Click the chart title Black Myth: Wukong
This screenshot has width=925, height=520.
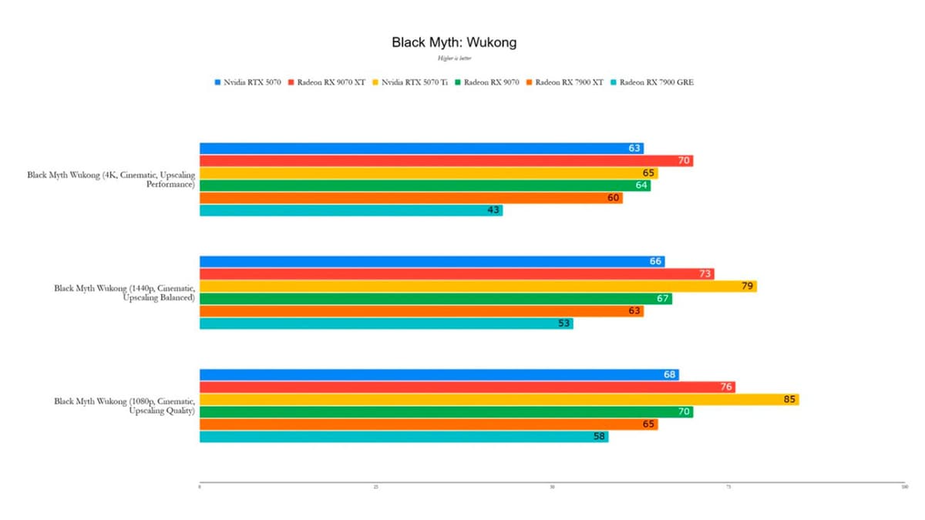[x=453, y=42]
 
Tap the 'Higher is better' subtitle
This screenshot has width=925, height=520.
[x=453, y=59]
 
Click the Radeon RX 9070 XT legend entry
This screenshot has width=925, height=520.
[x=331, y=82]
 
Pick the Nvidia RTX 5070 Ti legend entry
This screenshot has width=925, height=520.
[x=414, y=82]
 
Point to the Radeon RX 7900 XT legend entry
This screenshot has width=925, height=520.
[x=569, y=82]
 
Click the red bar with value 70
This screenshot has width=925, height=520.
[x=446, y=161]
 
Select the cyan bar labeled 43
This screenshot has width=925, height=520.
[x=351, y=210]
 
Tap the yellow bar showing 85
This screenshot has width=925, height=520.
[x=499, y=400]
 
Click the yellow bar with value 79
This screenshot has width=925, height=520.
[x=478, y=287]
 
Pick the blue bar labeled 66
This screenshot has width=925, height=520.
[x=432, y=262]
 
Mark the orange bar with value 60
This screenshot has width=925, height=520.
[x=411, y=198]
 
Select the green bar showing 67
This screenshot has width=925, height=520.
[x=436, y=299]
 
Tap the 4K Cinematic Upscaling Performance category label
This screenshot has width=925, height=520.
[x=111, y=180]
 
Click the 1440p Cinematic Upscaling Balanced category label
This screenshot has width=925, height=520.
[x=124, y=293]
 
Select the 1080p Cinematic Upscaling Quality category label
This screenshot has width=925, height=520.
[x=124, y=406]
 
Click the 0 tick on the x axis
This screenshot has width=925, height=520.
[x=200, y=487]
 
